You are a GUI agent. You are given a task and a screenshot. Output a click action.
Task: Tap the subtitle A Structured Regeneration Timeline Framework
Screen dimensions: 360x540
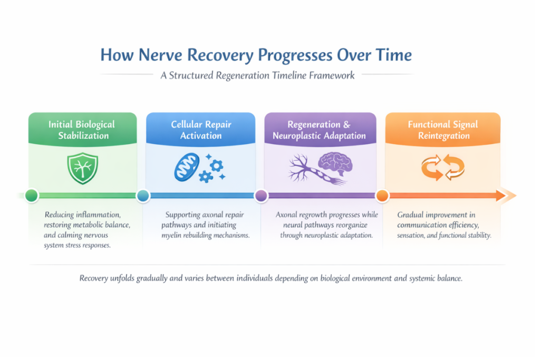pos(257,75)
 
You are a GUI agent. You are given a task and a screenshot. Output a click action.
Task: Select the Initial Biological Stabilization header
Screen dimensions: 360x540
pos(82,130)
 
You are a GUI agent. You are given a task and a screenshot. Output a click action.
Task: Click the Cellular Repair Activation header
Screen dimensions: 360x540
pos(200,130)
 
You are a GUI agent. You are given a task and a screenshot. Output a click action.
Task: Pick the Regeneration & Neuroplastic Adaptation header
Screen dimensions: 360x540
pos(319,130)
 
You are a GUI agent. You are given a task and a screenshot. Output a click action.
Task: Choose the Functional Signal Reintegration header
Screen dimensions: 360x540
pos(442,130)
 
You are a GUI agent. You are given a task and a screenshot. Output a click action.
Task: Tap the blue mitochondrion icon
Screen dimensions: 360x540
pos(186,168)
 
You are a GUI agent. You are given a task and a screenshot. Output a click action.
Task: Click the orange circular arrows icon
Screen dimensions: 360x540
pos(442,168)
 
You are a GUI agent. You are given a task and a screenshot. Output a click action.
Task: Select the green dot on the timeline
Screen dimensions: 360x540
pos(32,196)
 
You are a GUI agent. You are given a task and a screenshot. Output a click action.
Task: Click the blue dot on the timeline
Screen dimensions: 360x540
pos(143,196)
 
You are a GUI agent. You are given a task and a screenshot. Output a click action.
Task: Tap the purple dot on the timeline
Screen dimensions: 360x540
pos(261,196)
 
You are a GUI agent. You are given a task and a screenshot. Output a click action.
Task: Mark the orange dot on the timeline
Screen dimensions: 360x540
pos(382,196)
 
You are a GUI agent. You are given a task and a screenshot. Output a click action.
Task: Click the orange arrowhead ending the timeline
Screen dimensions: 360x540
pos(507,196)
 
